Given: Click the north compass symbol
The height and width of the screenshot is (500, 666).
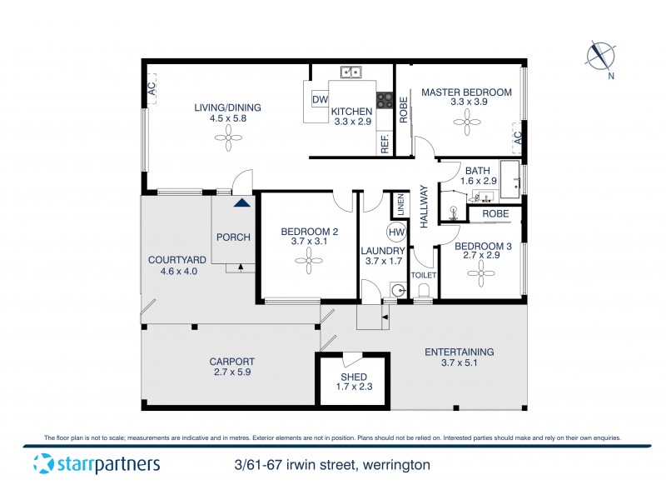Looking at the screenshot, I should tap(599, 56).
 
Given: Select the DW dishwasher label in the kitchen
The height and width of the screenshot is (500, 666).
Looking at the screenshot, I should tap(319, 100).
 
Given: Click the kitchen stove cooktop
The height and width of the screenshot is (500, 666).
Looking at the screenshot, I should tap(385, 100).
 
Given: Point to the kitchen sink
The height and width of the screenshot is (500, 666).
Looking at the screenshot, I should tap(351, 72).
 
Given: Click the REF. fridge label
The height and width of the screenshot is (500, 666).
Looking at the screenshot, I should tap(385, 144).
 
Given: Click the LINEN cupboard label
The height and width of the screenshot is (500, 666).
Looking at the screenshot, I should tap(399, 204).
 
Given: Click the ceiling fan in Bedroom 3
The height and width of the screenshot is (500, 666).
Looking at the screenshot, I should tap(481, 276).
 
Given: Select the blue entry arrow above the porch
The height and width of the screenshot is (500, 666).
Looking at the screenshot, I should tap(241, 202).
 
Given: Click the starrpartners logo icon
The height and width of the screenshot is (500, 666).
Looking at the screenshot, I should tap(42, 464).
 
